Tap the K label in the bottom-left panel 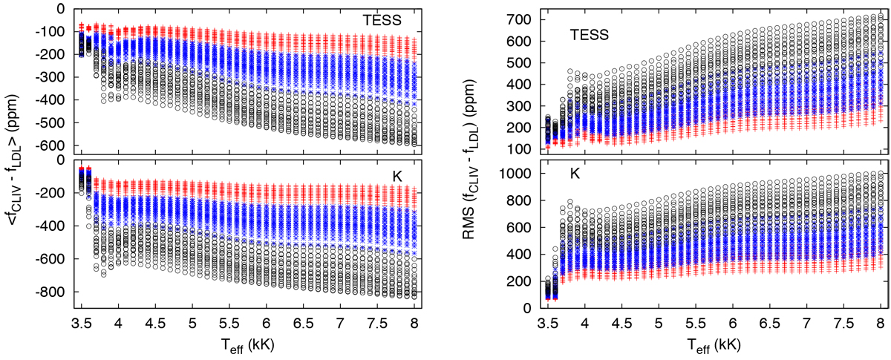397,176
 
